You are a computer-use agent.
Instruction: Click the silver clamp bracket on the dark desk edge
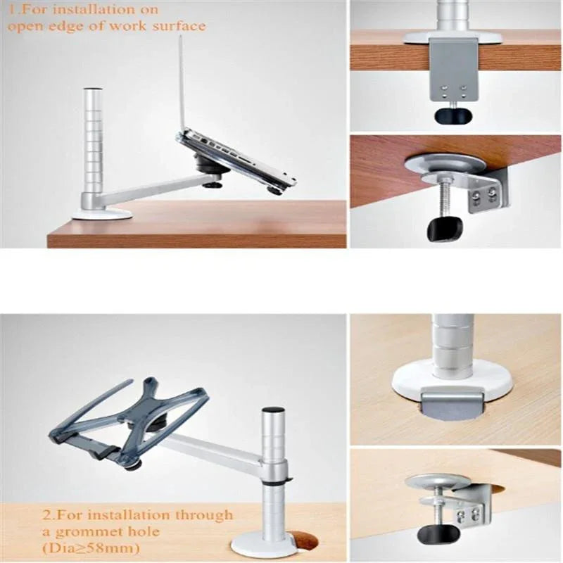click(x=453, y=67)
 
